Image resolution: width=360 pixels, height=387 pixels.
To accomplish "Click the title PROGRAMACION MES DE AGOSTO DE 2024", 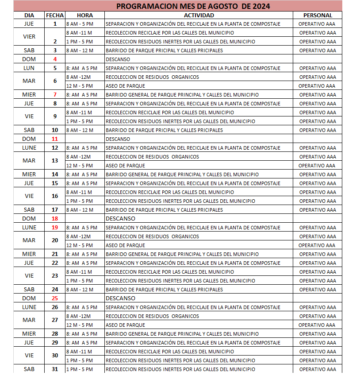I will [x=193, y=6].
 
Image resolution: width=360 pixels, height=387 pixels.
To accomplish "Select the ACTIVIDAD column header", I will [x=199, y=15].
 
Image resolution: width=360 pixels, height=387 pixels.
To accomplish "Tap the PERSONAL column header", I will [x=317, y=15].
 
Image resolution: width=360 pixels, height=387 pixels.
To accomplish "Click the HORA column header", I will [x=84, y=15].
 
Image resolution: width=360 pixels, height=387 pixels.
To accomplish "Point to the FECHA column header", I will [x=55, y=15].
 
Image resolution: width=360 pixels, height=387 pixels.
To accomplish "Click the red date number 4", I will [x=55, y=59].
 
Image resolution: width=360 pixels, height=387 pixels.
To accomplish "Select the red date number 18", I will [x=55, y=219].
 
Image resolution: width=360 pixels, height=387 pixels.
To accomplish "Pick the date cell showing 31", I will [x=55, y=369].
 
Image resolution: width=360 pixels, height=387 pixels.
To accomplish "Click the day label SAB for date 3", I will [x=29, y=50].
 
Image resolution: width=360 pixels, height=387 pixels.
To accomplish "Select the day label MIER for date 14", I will [x=29, y=174].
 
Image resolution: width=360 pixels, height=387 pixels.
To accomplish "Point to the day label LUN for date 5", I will [x=29, y=68].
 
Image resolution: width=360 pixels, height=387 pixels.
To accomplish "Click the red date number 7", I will [x=55, y=95].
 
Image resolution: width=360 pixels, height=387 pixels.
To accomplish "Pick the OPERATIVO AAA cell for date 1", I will [x=317, y=24].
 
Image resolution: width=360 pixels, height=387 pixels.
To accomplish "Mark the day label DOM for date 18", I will [x=29, y=219].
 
